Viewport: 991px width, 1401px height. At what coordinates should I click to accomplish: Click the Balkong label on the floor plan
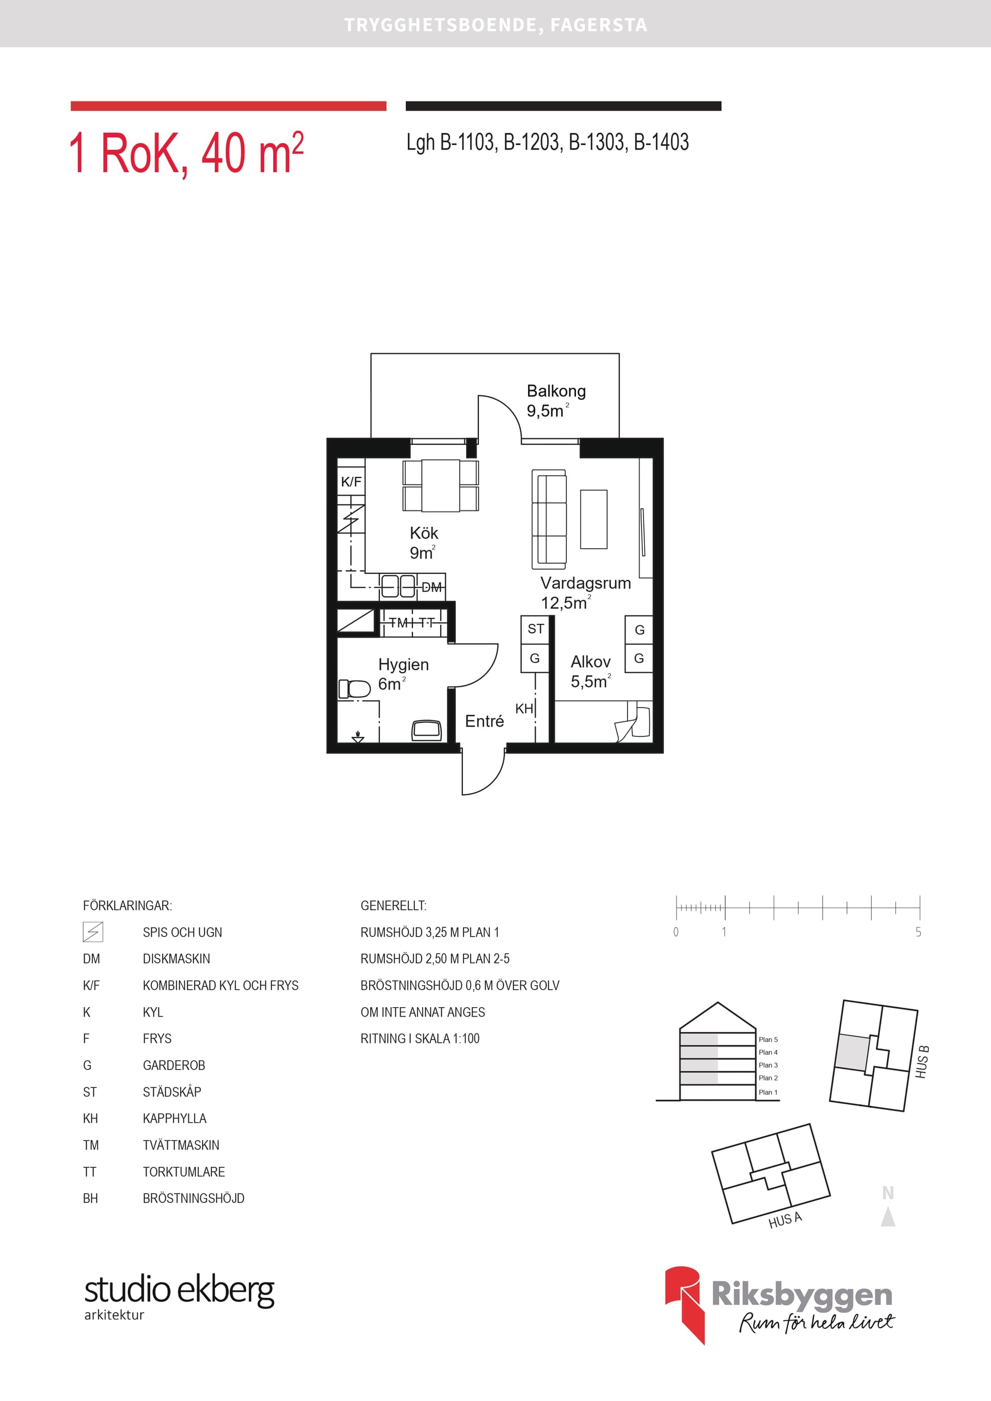(556, 391)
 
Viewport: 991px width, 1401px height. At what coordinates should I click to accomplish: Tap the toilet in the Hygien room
(355, 689)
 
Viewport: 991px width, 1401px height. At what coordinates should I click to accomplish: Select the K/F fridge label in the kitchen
(351, 481)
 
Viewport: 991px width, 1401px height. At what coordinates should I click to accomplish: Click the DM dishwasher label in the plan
(431, 587)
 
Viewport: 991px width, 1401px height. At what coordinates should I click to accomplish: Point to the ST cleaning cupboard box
(536, 629)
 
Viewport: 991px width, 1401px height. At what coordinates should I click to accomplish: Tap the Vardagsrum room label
(585, 583)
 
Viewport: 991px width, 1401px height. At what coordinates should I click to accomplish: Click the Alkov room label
(590, 662)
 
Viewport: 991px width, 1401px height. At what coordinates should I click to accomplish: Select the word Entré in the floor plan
(484, 721)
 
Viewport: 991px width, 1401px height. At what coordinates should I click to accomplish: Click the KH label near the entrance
(523, 708)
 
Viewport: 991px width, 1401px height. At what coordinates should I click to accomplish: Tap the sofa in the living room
(549, 518)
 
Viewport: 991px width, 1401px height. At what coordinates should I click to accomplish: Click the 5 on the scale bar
(918, 932)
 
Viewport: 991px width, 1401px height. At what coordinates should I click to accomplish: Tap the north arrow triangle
(888, 1217)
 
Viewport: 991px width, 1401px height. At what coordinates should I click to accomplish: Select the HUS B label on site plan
(922, 1062)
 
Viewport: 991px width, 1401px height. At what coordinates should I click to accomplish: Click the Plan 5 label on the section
(768, 1039)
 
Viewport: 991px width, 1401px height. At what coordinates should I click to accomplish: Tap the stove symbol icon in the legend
(93, 932)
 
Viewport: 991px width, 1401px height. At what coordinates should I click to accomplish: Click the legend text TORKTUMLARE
(184, 1171)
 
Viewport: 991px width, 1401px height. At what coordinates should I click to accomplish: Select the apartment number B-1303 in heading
(597, 142)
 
